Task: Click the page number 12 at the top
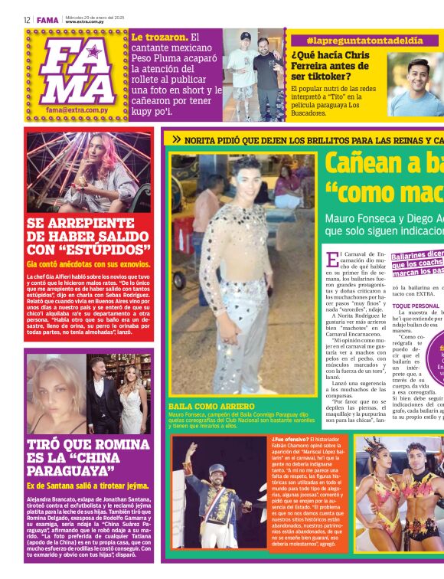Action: (26, 20)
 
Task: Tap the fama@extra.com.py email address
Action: (76, 110)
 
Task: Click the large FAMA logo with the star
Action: (76, 69)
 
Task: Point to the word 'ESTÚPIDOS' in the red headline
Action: (108, 250)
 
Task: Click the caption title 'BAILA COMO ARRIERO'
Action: (211, 407)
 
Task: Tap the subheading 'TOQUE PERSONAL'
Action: (416, 306)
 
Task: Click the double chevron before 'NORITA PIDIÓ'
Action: (177, 140)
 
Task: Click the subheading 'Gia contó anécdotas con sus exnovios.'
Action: (88, 264)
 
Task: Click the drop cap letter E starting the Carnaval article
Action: (331, 260)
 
